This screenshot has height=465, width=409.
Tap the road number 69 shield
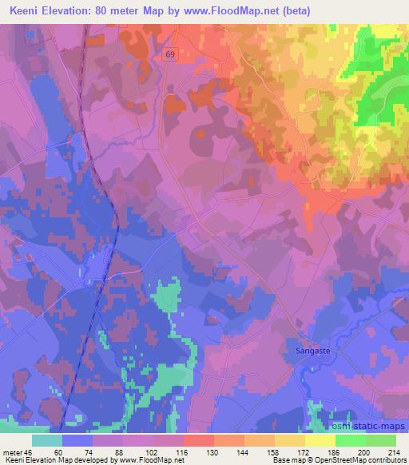[x=171, y=54]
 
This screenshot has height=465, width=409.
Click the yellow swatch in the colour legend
[x=320, y=440]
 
